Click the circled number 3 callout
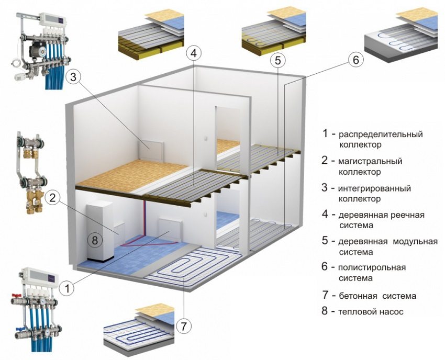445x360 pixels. (74, 77)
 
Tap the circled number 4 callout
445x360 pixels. (193, 53)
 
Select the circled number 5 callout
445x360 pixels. (279, 61)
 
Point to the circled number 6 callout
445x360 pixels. (355, 60)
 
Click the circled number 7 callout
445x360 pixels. (183, 327)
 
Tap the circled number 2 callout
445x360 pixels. (53, 198)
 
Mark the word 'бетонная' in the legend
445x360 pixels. (362, 296)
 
